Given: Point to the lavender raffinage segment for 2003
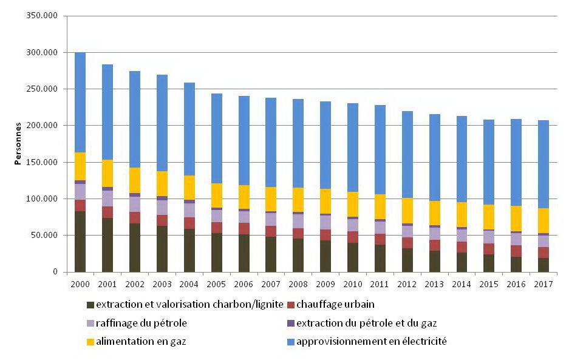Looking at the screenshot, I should coord(162,207).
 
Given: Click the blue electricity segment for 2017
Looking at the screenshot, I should coord(543,164).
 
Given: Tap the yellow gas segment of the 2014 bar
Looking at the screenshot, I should coord(462,214).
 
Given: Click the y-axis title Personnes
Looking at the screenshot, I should coord(18,143).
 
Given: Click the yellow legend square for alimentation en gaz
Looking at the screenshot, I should coord(90,342).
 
